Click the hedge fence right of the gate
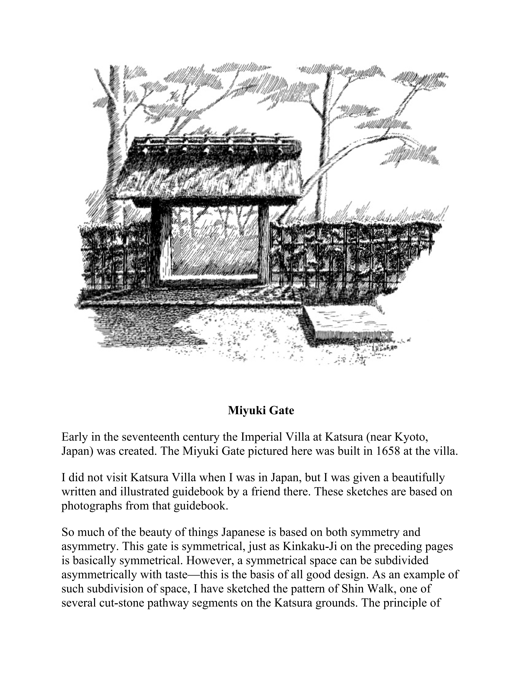tap(349, 254)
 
